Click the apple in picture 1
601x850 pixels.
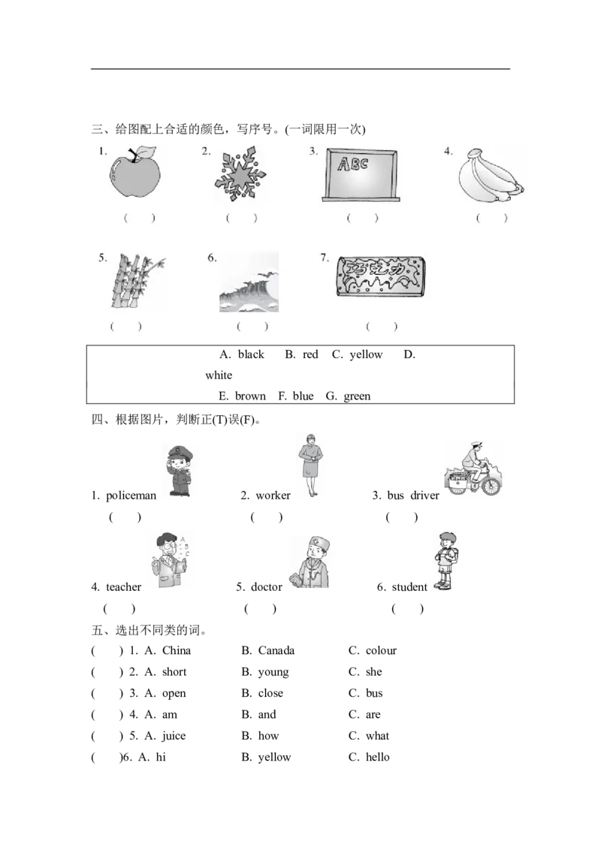pyautogui.click(x=134, y=176)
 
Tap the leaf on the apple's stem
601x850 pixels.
pyautogui.click(x=146, y=152)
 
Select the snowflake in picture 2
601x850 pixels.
pyautogui.click(x=240, y=176)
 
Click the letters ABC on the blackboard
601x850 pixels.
pyautogui.click(x=352, y=164)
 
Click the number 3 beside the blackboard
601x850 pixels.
pyautogui.click(x=313, y=152)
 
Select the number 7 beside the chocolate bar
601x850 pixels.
pyautogui.click(x=324, y=258)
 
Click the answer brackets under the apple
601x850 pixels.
pyautogui.click(x=139, y=219)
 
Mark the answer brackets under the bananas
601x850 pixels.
pyautogui.click(x=492, y=219)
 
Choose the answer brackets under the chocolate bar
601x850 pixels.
pyautogui.click(x=381, y=327)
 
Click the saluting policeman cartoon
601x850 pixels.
pyautogui.click(x=180, y=472)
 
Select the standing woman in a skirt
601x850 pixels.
pyautogui.click(x=311, y=467)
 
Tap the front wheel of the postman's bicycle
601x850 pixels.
pyautogui.click(x=491, y=486)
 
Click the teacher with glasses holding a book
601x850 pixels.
pyautogui.click(x=171, y=562)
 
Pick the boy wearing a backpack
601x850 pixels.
pyautogui.click(x=447, y=562)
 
